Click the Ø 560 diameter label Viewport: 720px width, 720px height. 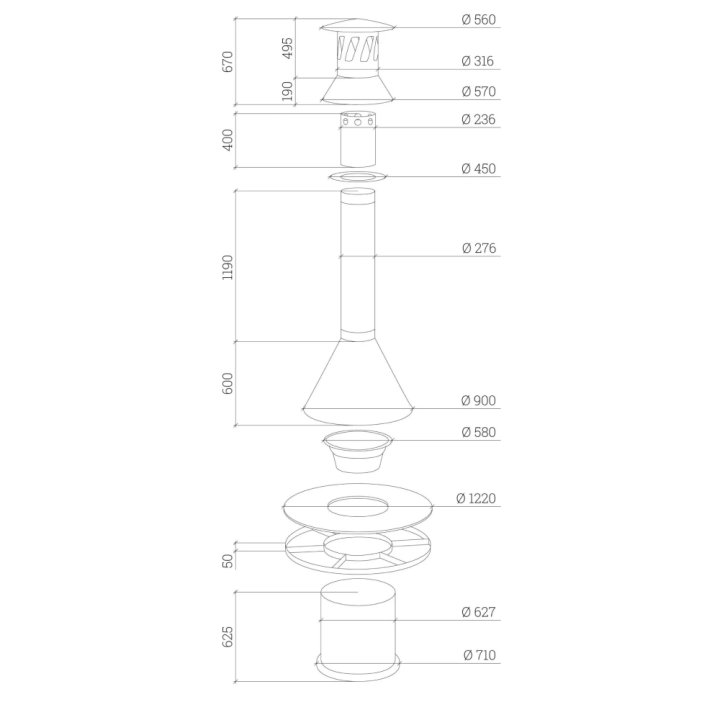point(478,20)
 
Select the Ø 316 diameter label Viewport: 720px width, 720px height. point(478,61)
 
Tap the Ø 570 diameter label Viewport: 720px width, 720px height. point(478,91)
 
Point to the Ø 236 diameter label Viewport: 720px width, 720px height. point(478,119)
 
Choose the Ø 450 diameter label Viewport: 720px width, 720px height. point(478,169)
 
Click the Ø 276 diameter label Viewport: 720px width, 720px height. point(479,248)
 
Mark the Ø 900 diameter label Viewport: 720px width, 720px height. point(478,400)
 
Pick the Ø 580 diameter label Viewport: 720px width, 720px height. point(478,432)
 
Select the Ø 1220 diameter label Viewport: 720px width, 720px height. point(476,498)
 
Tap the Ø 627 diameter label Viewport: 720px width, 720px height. point(478,612)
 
